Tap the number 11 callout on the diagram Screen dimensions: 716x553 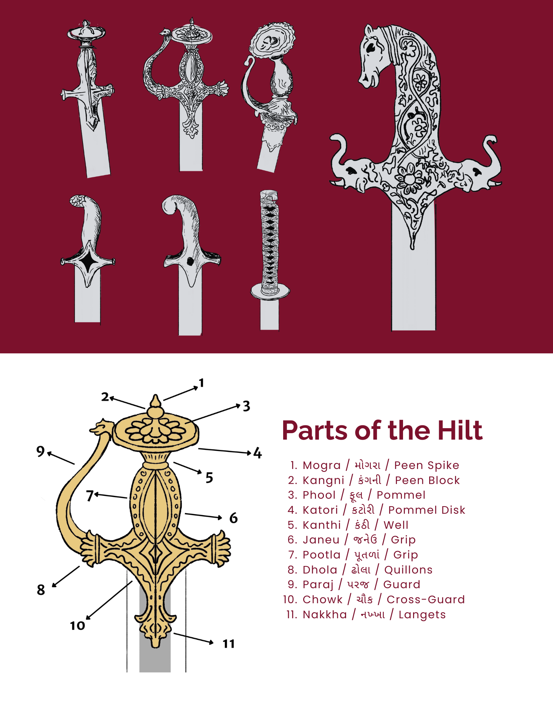(x=229, y=644)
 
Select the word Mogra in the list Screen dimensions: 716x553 (x=321, y=465)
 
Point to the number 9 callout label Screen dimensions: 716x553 (x=40, y=451)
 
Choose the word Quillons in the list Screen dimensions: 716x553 (x=408, y=570)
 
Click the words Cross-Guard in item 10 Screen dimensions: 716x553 (x=426, y=599)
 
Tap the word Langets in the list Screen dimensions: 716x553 (x=422, y=614)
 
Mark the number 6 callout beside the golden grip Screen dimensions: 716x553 (x=233, y=518)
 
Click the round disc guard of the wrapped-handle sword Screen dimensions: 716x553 (x=270, y=291)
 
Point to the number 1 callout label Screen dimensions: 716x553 (x=202, y=383)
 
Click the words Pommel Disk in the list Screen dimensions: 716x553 (x=427, y=510)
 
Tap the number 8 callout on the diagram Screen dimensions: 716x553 (x=41, y=590)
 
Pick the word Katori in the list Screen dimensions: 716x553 (x=320, y=510)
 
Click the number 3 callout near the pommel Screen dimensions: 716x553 (x=246, y=406)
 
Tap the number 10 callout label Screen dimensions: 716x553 (x=77, y=626)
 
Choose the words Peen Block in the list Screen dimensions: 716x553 (x=427, y=480)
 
